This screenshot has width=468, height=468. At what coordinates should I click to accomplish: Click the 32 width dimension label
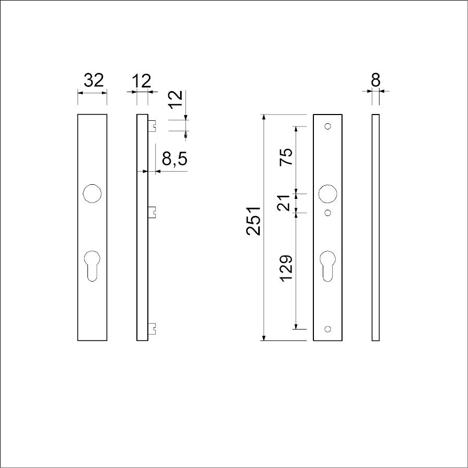pyautogui.click(x=93, y=80)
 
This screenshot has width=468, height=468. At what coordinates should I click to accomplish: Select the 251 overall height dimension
pyautogui.click(x=254, y=221)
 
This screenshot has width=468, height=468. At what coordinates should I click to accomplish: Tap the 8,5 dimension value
pyautogui.click(x=174, y=158)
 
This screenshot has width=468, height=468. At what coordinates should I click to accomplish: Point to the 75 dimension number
pyautogui.click(x=286, y=157)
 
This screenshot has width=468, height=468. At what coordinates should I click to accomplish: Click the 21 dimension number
pyautogui.click(x=284, y=203)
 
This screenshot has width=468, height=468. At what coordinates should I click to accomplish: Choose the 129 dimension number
pyautogui.click(x=286, y=268)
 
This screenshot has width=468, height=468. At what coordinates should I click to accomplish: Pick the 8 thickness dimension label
pyautogui.click(x=375, y=80)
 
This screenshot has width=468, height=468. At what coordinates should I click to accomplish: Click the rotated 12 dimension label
pyautogui.click(x=175, y=99)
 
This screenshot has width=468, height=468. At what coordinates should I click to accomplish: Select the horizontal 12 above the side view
pyautogui.click(x=142, y=81)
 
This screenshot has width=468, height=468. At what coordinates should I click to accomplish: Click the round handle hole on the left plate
pyautogui.click(x=92, y=194)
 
